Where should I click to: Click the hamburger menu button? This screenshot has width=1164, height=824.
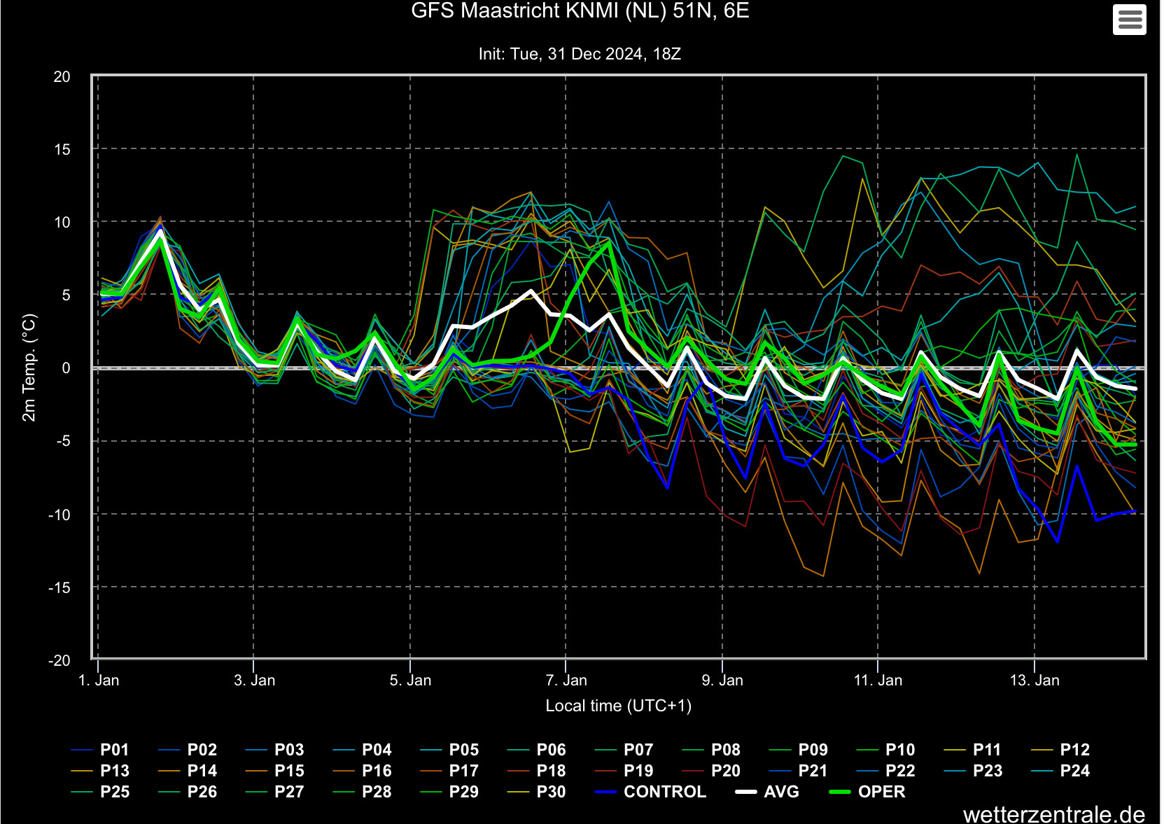pos(1129,20)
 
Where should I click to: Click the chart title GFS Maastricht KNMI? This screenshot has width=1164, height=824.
pos(580,11)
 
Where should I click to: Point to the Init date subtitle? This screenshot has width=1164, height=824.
pos(580,54)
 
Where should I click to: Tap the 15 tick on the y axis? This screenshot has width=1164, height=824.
pos(62,150)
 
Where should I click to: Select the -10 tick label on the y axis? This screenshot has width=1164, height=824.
pos(59,515)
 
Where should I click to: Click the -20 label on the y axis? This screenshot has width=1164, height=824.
pos(59,661)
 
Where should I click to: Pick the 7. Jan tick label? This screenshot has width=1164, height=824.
pos(566,680)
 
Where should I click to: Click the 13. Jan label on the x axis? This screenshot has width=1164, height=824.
pos(1035,680)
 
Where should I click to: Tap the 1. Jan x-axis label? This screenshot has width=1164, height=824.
pos(99,680)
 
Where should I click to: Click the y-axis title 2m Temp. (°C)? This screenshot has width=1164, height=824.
pos(29,368)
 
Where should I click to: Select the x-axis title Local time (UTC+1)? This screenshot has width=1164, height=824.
pos(618,706)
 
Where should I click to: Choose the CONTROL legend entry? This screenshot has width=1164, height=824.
pos(650,792)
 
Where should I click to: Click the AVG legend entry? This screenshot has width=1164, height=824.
pos(768,792)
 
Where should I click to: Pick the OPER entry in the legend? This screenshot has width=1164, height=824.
pos(867,792)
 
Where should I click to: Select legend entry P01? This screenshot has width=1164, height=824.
pos(100,750)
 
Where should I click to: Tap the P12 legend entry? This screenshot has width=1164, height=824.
pos(1060,750)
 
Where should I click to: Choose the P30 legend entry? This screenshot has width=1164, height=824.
pos(536,792)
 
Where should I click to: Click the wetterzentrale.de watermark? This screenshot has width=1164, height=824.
pos(1054,814)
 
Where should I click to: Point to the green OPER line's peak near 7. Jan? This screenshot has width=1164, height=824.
pos(609,242)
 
